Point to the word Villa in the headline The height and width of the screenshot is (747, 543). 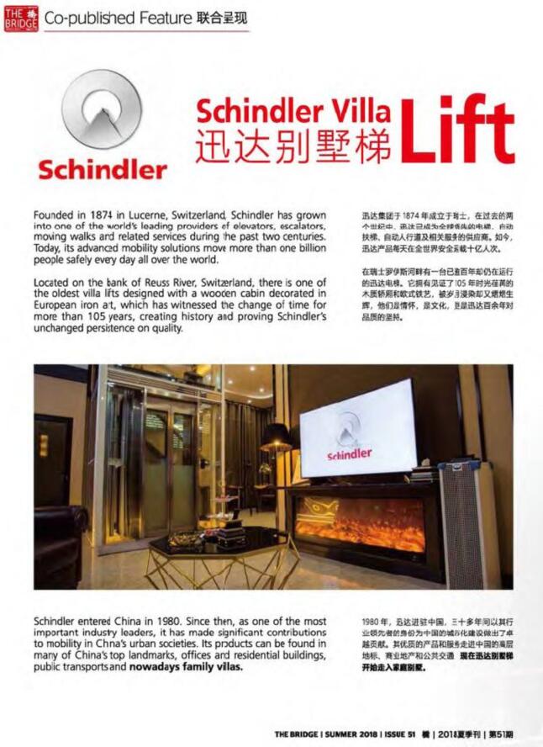pos(356,110)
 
